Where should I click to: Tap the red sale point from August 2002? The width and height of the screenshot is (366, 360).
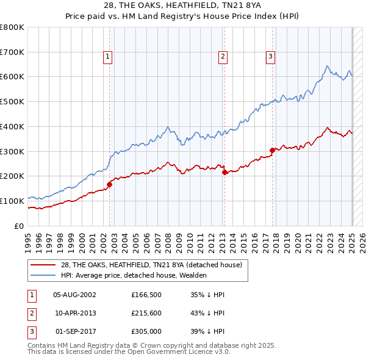tap(110, 184)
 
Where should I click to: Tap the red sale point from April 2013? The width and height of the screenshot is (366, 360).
tap(224, 172)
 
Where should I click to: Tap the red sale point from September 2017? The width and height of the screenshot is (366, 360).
tap(272, 149)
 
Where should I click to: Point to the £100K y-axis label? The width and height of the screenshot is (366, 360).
tap(12, 201)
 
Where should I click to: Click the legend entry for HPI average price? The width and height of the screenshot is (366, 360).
tap(134, 275)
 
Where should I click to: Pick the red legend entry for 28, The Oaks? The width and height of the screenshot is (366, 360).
tap(151, 265)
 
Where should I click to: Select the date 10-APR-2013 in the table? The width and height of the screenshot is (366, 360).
tap(74, 313)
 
